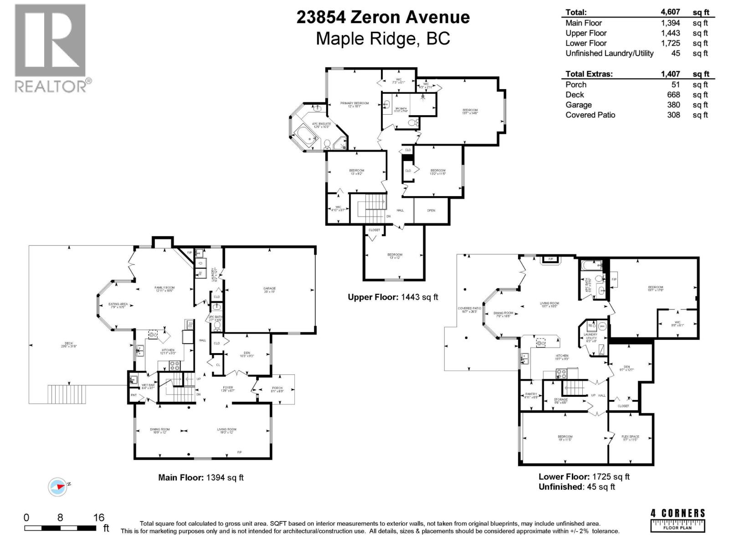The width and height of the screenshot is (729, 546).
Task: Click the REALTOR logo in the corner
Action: tap(51, 48)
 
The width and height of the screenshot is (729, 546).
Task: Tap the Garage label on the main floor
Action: tap(269, 288)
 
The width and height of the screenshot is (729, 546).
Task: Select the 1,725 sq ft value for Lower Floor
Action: tap(670, 43)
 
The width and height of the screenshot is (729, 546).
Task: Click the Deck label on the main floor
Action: tap(69, 344)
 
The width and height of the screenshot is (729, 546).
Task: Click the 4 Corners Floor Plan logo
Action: tap(678, 520)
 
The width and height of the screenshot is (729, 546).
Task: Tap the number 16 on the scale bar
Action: tap(98, 517)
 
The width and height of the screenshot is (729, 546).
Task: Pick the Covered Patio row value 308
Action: tap(673, 115)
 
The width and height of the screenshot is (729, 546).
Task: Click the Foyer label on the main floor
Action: tap(228, 389)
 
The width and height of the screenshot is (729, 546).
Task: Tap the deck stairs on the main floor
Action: tap(67, 394)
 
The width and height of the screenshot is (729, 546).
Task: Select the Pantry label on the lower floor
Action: tap(531, 395)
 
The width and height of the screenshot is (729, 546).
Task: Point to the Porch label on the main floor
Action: tap(277, 389)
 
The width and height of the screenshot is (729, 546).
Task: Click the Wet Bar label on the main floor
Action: tap(148, 386)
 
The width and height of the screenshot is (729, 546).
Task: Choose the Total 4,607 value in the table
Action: tap(670, 12)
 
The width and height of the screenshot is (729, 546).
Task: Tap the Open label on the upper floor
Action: tap(431, 211)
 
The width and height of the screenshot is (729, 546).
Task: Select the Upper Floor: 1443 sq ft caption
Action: tap(393, 297)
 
